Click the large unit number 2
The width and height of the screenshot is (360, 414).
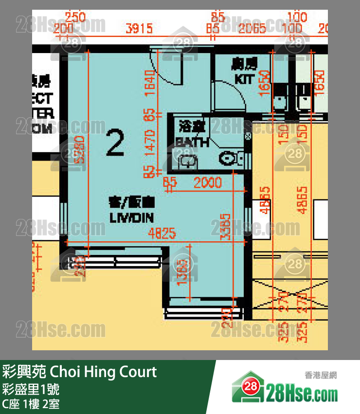115,143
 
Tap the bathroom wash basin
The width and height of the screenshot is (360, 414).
186,162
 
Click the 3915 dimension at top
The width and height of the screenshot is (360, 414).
139,28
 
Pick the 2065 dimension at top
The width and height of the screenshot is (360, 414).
252,28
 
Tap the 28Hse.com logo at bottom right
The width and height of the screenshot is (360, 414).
285,390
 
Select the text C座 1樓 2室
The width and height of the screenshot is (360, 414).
31,404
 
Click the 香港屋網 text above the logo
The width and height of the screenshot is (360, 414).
321,375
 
